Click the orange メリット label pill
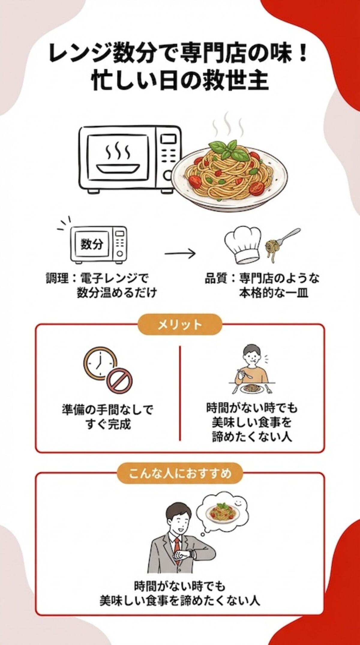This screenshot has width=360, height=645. [180, 324]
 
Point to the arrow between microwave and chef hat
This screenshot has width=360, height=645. [180, 254]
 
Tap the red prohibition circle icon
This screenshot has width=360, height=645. [119, 381]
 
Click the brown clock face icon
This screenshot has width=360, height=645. [99, 363]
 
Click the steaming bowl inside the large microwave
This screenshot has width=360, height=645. [119, 161]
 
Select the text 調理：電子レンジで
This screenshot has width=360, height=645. [97, 278]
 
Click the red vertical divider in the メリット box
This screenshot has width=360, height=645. [180, 393]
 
